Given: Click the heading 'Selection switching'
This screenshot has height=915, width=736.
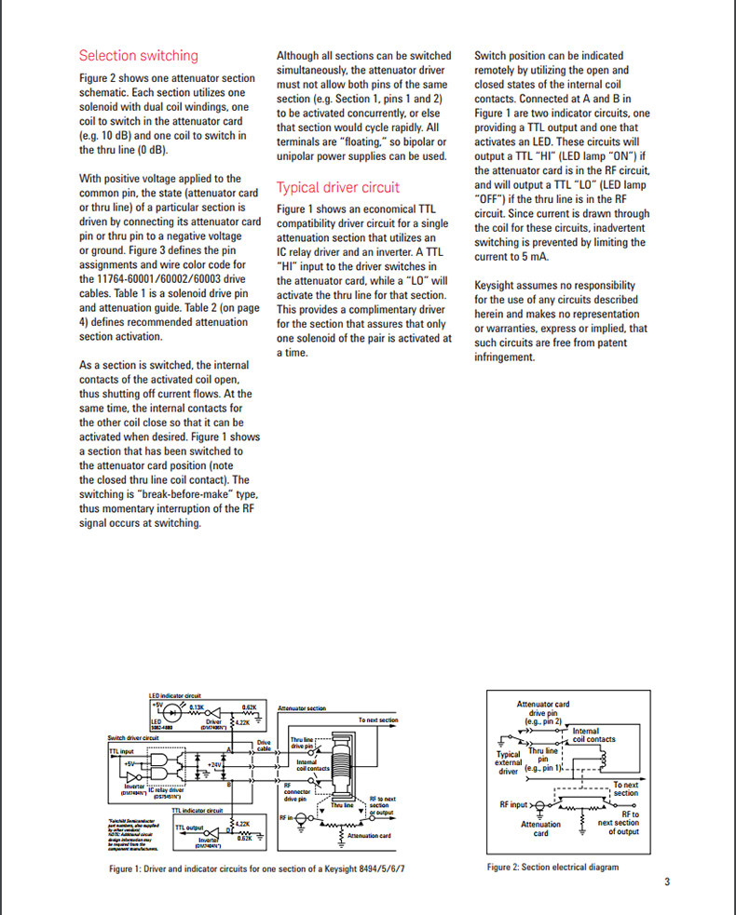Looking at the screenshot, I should [138, 56].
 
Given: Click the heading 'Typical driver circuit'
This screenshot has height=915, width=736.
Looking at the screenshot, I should [338, 186].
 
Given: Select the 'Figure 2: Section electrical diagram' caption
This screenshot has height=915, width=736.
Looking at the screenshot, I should [552, 868].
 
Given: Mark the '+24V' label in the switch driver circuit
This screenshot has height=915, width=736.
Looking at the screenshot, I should [216, 764].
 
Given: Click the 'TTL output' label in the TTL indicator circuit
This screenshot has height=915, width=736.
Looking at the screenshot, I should [190, 827].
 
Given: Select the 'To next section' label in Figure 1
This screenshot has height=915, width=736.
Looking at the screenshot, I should [377, 720].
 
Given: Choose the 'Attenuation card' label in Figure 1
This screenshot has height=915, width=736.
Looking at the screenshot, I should [368, 836].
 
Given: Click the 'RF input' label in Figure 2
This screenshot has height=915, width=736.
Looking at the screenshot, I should [513, 803].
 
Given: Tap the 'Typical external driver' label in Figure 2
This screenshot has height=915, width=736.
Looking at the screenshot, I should [509, 762].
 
